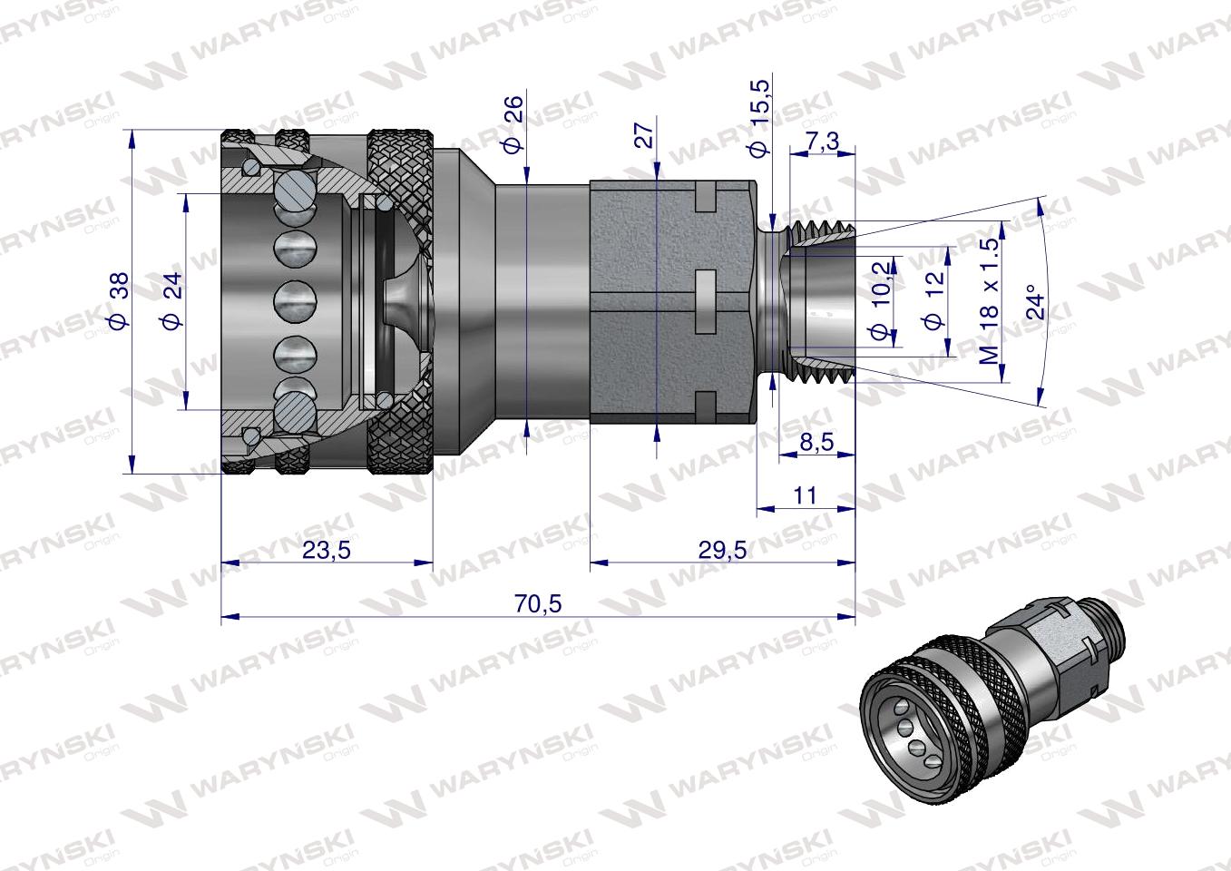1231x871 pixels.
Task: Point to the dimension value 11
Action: click(x=805, y=495)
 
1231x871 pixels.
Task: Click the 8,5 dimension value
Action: click(x=816, y=443)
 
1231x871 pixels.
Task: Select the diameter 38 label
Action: click(x=118, y=299)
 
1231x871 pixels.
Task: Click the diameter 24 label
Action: click(x=172, y=299)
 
